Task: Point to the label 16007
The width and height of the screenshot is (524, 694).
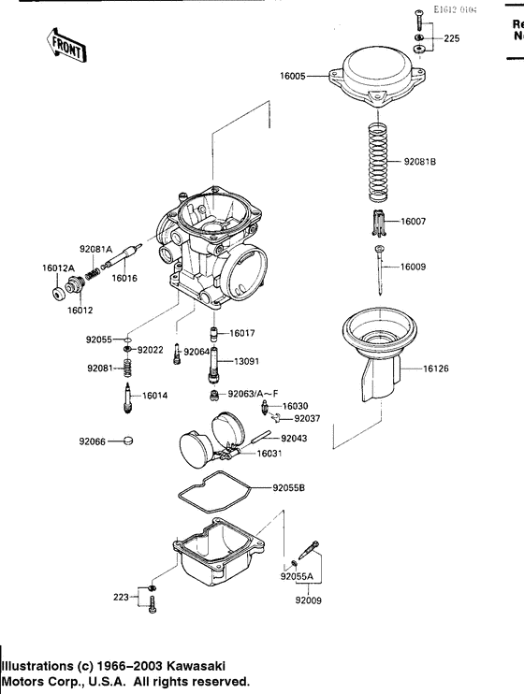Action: (414, 222)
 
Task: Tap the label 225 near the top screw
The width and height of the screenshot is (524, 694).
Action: (452, 39)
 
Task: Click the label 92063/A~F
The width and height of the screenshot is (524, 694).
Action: (254, 396)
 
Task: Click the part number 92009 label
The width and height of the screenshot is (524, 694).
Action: (307, 600)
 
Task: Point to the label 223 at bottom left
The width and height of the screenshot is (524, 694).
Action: (121, 595)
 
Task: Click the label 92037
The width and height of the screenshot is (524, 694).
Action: (307, 418)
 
